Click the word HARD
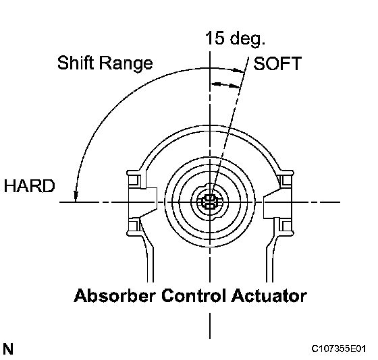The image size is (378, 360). tap(30, 186)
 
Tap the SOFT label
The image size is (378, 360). tap(277, 63)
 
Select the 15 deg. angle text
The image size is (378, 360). tap(235, 38)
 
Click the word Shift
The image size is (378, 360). tap(76, 63)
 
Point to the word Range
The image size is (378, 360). tap(126, 63)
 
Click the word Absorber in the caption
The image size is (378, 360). tap(115, 295)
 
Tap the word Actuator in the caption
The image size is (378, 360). tap(269, 295)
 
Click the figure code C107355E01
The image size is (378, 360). tap(339, 349)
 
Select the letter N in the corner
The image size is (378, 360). tap(8, 349)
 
